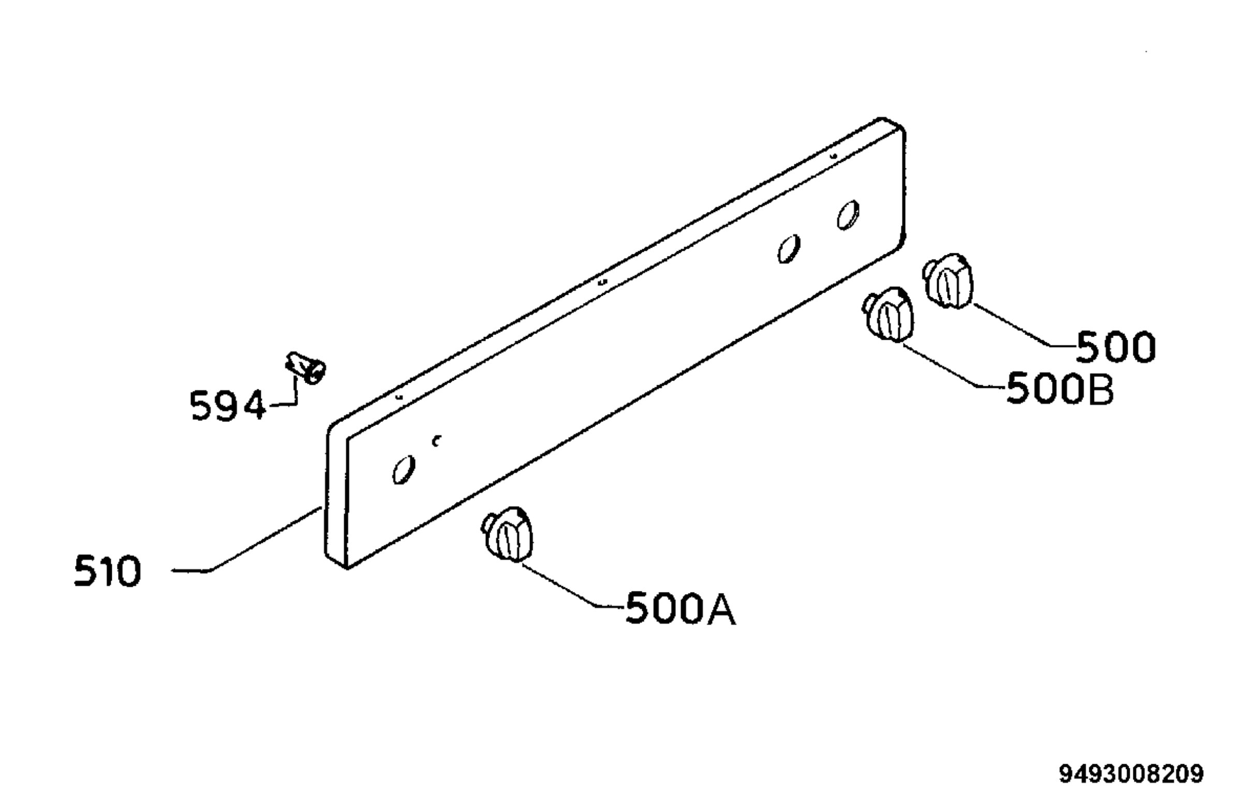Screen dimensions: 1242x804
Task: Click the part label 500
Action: pos(1116,347)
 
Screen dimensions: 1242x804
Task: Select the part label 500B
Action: pos(1059,389)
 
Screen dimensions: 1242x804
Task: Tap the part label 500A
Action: pos(681,609)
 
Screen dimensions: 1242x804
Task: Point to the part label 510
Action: pos(108,571)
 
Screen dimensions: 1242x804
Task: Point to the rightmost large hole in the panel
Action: pos(849,214)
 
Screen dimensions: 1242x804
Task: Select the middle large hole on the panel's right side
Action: pos(789,249)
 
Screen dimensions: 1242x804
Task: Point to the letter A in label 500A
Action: pos(720,609)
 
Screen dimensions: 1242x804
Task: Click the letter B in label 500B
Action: pos(1100,389)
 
